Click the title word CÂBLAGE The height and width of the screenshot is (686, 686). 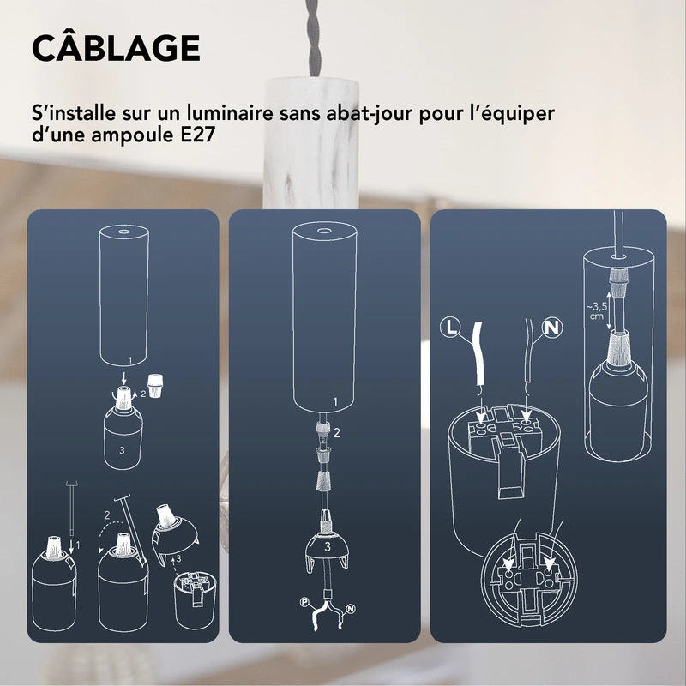116,48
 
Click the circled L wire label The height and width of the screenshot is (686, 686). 451,327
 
